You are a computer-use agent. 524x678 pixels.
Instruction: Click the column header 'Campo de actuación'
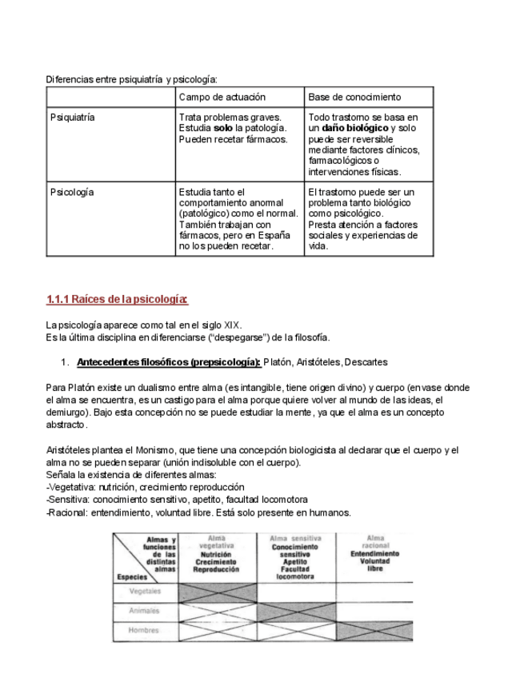(x=222, y=98)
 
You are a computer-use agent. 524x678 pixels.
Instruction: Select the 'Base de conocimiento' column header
(x=354, y=98)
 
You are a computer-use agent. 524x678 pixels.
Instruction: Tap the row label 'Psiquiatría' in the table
(x=73, y=118)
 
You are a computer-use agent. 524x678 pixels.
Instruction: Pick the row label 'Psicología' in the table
(x=72, y=193)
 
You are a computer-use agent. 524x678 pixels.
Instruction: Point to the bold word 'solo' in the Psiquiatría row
(x=223, y=128)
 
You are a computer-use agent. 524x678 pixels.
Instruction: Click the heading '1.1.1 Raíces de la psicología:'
(x=117, y=300)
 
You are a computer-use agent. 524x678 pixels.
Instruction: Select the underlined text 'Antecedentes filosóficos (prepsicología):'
(x=169, y=362)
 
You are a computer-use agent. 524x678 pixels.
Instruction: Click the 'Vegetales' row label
(x=146, y=592)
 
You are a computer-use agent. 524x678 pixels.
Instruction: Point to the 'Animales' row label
(x=145, y=611)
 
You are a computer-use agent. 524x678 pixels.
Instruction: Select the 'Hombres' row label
(x=146, y=630)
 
